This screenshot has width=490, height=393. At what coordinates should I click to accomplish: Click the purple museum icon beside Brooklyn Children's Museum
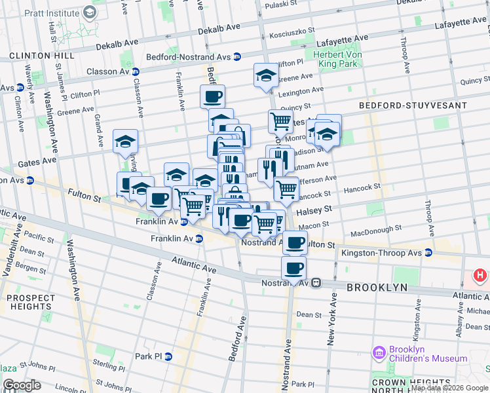[x=379, y=354]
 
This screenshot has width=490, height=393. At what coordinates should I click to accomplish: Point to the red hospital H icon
[x=480, y=276]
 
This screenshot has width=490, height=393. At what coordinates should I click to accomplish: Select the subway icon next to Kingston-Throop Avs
[x=428, y=252]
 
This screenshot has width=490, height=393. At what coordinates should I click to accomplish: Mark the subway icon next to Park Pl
[x=168, y=356]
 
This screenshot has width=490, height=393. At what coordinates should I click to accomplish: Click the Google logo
[x=22, y=385]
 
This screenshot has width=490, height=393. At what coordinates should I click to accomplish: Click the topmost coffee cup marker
[x=212, y=96]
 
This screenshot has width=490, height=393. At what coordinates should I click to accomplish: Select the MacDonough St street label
[x=375, y=231]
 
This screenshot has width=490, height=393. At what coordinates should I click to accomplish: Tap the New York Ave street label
[x=332, y=319]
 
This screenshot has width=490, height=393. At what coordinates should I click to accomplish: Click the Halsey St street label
[x=315, y=211]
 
